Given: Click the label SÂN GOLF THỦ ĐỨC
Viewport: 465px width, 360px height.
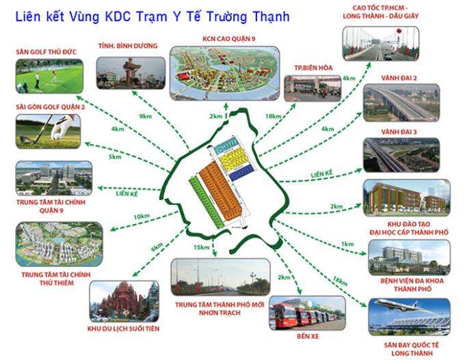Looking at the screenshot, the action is pyautogui.click(x=46, y=51).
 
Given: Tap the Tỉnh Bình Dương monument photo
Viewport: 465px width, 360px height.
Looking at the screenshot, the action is pyautogui.click(x=131, y=73).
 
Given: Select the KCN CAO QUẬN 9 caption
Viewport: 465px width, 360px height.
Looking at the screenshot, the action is pyautogui.click(x=228, y=39).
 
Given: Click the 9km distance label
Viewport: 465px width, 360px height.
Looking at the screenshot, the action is pyautogui.click(x=145, y=116).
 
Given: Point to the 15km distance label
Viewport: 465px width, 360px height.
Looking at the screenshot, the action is pyautogui.click(x=201, y=247).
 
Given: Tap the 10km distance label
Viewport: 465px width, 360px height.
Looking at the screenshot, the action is pyautogui.click(x=142, y=217).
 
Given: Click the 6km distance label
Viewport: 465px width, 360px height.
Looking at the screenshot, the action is pyautogui.click(x=157, y=247).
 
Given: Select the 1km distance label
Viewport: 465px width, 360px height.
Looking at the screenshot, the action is pyautogui.click(x=347, y=244).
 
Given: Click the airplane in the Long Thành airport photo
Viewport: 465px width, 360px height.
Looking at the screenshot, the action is pyautogui.click(x=404, y=306).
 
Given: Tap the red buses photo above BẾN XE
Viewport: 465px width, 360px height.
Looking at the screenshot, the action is pyautogui.click(x=307, y=313).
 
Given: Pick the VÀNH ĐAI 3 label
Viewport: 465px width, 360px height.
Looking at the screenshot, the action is pyautogui.click(x=399, y=132).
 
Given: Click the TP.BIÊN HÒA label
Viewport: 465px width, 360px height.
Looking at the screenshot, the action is pyautogui.click(x=313, y=68).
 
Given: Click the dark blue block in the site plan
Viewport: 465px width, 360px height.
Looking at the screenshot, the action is pyautogui.click(x=241, y=173).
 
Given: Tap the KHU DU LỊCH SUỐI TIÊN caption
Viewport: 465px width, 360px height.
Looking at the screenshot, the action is pyautogui.click(x=123, y=329).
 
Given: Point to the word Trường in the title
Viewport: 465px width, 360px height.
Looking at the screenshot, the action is pyautogui.click(x=226, y=17).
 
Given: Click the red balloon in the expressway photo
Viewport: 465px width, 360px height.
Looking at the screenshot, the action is pyautogui.click(x=399, y=31).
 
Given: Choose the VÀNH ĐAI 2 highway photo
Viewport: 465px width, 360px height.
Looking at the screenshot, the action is pyautogui.click(x=401, y=102).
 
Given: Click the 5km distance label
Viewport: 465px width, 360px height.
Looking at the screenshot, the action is pyautogui.click(x=115, y=156).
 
